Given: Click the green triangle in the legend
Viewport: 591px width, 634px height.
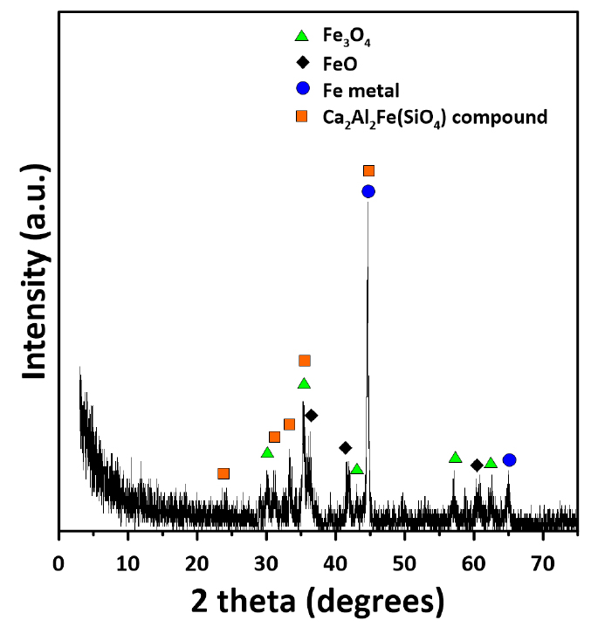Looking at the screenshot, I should [302, 37].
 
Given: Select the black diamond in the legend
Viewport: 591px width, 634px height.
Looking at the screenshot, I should [302, 63].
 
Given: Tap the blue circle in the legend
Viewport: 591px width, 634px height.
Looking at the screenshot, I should [302, 89].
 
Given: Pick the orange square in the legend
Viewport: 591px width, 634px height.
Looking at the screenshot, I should [302, 115].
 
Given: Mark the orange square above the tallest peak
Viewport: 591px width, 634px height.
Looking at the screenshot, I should [368, 170].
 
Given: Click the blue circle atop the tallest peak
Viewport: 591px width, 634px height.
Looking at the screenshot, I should [368, 191].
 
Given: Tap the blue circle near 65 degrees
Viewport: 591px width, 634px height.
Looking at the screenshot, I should [510, 460].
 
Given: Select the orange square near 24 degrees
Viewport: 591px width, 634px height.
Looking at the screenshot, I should [223, 473].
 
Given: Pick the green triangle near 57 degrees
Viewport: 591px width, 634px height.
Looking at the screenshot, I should [455, 458].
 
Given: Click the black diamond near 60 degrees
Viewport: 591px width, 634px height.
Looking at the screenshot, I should [477, 465].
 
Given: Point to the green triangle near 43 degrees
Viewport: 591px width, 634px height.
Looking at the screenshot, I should [357, 469].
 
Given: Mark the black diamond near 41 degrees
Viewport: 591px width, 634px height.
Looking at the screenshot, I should [346, 448].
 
